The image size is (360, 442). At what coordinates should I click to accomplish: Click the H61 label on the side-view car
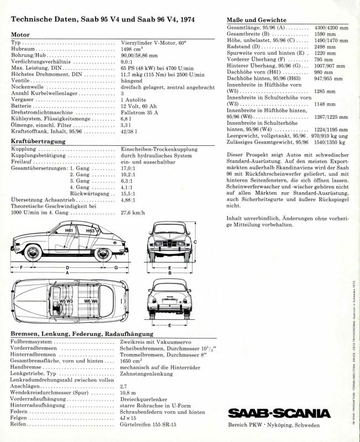tap(69, 230)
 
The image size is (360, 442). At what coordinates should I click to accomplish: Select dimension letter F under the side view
tap(21, 267)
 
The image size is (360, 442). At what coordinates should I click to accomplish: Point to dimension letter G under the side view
tap(116, 267)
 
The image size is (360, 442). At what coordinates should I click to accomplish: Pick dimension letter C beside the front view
tap(195, 242)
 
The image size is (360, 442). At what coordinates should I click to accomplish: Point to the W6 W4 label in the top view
tap(91, 301)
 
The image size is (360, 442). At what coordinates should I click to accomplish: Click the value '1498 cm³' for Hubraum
tap(134, 49)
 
